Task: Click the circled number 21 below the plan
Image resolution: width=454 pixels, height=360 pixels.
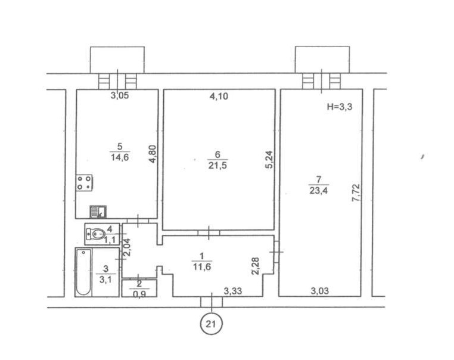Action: click(x=212, y=324)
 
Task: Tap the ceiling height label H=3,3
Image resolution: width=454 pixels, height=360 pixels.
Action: click(x=340, y=107)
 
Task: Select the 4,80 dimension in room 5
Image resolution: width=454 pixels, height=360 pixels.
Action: click(x=153, y=154)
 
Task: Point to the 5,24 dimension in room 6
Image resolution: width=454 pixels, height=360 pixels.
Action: click(x=269, y=160)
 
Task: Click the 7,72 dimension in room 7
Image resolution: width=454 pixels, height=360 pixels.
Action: click(x=356, y=193)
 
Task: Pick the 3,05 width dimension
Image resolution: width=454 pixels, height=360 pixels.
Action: click(x=120, y=95)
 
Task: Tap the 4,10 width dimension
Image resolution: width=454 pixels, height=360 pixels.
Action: click(x=219, y=96)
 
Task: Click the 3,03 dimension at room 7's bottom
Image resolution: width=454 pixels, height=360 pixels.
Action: click(x=320, y=290)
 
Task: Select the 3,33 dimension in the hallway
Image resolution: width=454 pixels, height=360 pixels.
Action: click(x=232, y=290)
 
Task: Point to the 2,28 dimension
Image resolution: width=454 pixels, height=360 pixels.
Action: click(x=256, y=266)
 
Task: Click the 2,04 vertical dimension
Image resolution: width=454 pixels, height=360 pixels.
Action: click(x=128, y=247)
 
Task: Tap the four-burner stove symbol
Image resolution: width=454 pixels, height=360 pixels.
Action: click(x=84, y=183)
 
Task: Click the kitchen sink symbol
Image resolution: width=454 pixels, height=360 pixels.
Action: click(x=98, y=212)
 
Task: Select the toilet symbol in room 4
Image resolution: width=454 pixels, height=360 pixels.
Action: click(x=95, y=234)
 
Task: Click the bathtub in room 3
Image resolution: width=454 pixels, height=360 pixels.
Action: click(x=83, y=272)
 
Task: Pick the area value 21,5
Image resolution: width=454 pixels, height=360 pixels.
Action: click(x=217, y=166)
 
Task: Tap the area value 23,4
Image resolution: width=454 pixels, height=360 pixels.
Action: click(x=319, y=191)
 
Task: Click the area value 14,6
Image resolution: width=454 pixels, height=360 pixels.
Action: click(x=120, y=157)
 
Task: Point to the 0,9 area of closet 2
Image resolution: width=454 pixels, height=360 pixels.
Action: click(x=139, y=293)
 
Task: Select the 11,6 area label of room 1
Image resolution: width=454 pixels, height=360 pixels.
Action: click(x=202, y=267)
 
